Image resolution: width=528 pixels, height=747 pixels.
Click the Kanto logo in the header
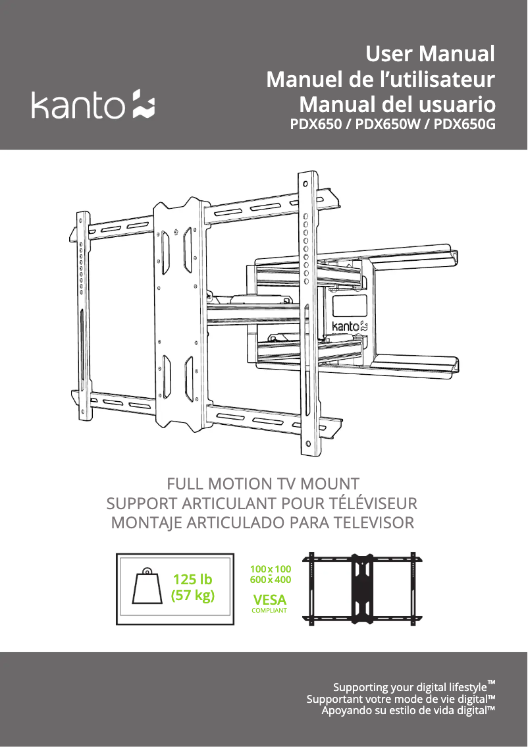(93, 104)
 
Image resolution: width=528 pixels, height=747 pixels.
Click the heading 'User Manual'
(431, 53)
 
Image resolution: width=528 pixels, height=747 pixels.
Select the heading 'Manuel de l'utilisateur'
(381, 79)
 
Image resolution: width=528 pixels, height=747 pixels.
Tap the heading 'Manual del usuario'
(398, 104)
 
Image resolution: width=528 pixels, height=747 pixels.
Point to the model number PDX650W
(388, 124)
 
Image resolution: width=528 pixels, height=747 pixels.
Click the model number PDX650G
(464, 124)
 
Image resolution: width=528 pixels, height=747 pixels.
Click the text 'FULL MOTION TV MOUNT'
(263, 484)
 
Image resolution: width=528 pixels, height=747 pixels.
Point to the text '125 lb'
(192, 579)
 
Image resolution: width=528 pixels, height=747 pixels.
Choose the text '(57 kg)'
(193, 595)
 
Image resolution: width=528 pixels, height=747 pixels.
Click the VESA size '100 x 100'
(271, 569)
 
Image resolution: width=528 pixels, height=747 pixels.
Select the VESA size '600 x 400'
(271, 580)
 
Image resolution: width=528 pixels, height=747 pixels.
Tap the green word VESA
(269, 599)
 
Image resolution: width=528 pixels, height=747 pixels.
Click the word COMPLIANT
(269, 610)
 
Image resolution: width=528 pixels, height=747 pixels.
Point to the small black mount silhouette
(363, 589)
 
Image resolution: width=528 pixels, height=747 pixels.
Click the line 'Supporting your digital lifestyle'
(414, 686)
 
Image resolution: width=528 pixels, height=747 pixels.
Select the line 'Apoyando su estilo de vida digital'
(408, 711)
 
